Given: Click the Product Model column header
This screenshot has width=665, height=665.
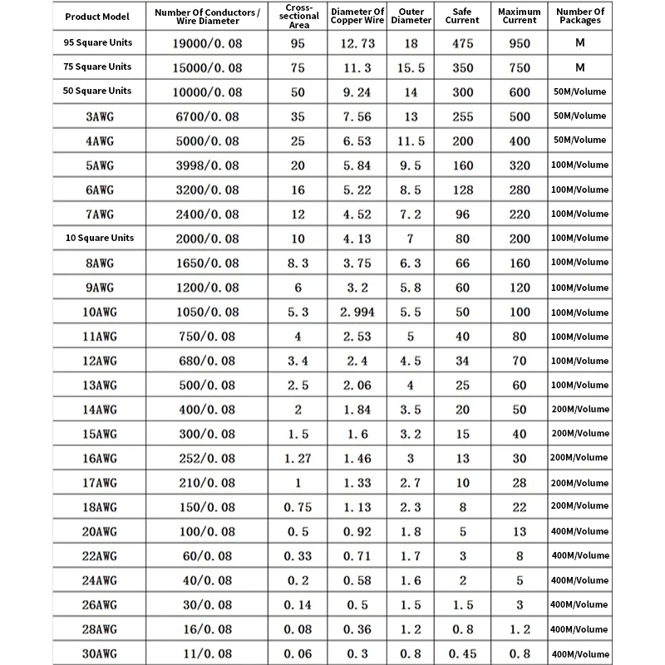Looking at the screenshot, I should click(97, 16).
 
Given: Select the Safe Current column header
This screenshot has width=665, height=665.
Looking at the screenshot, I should click(461, 16).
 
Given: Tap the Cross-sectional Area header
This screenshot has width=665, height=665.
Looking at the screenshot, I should click(297, 16).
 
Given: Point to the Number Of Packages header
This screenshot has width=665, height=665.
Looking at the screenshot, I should click(579, 16).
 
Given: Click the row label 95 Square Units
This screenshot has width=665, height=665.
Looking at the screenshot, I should click(97, 42).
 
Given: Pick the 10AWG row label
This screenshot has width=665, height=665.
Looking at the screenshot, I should click(97, 313).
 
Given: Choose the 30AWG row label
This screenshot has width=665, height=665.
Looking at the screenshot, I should click(97, 654).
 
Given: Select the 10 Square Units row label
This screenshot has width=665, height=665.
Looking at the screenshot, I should click(97, 238).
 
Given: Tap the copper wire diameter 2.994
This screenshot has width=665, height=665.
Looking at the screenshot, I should click(357, 313).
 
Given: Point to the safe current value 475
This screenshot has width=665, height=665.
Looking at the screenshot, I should click(461, 43).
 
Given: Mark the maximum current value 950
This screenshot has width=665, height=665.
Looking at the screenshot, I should click(520, 43).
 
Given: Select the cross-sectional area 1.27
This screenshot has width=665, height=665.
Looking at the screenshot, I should click(297, 459).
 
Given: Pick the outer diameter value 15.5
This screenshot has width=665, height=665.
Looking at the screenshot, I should click(411, 67).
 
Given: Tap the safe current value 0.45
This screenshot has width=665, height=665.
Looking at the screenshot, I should click(461, 654).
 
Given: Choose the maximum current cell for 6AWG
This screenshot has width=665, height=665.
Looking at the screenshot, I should click(520, 190).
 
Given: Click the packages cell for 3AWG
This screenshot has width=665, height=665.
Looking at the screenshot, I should click(579, 116).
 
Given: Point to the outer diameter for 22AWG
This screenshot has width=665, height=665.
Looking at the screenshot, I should click(411, 556).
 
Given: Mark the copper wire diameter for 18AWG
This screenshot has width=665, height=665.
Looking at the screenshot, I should click(357, 507).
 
